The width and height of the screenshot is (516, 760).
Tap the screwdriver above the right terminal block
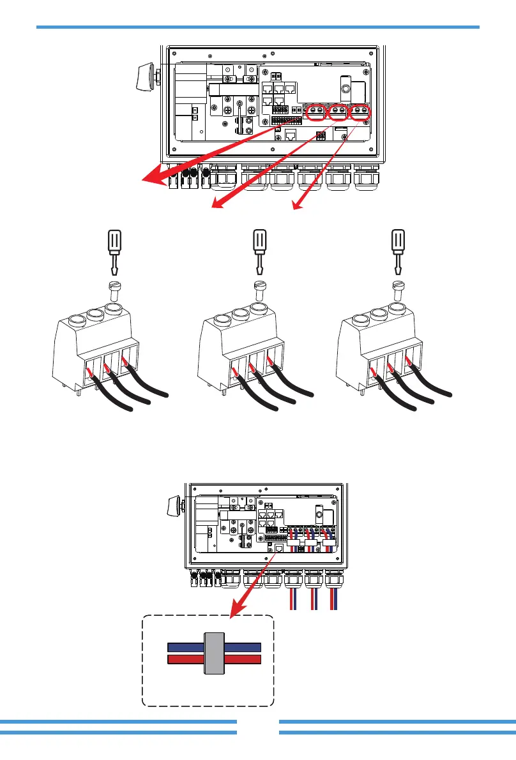(398, 250)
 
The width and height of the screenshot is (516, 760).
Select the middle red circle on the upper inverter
(338, 112)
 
